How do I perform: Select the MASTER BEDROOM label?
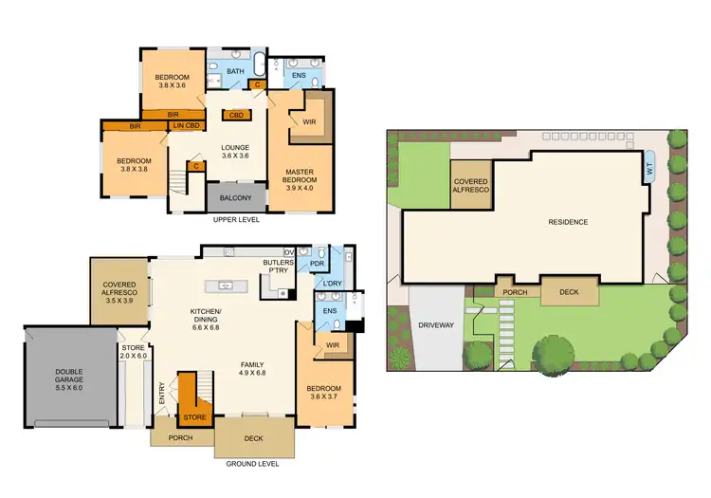click(301, 175)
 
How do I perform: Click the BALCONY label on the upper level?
click(235, 198)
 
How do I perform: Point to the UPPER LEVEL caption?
click(236, 219)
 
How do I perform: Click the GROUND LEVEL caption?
click(253, 465)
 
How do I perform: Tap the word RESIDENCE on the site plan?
click(568, 222)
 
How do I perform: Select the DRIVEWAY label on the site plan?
click(437, 325)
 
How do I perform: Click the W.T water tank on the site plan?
click(649, 168)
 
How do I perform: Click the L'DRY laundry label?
click(332, 285)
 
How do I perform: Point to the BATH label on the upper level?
click(235, 71)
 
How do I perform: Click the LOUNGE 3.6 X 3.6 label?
click(234, 152)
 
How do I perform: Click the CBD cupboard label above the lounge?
click(234, 115)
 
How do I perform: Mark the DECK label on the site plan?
click(569, 292)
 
